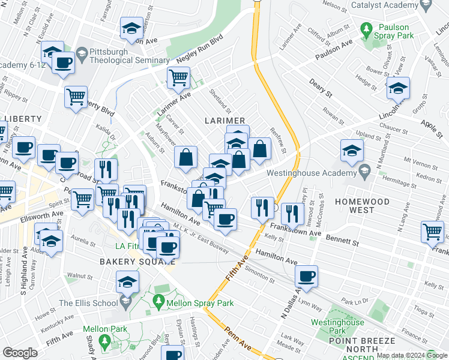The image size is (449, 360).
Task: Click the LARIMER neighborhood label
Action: (x=227, y=121)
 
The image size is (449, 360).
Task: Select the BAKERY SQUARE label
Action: (x=127, y=262)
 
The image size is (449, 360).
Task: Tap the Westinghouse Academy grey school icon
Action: (x=364, y=172)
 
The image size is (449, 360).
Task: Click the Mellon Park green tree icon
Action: (x=105, y=342)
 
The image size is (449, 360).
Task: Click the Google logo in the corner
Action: (x=20, y=353)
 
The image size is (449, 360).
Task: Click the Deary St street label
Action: (x=321, y=88)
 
